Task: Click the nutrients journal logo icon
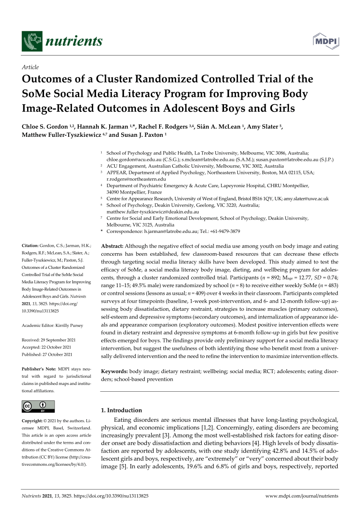(32, 41)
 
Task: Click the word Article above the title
(30, 67)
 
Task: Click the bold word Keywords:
(114, 371)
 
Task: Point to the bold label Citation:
(30, 246)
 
